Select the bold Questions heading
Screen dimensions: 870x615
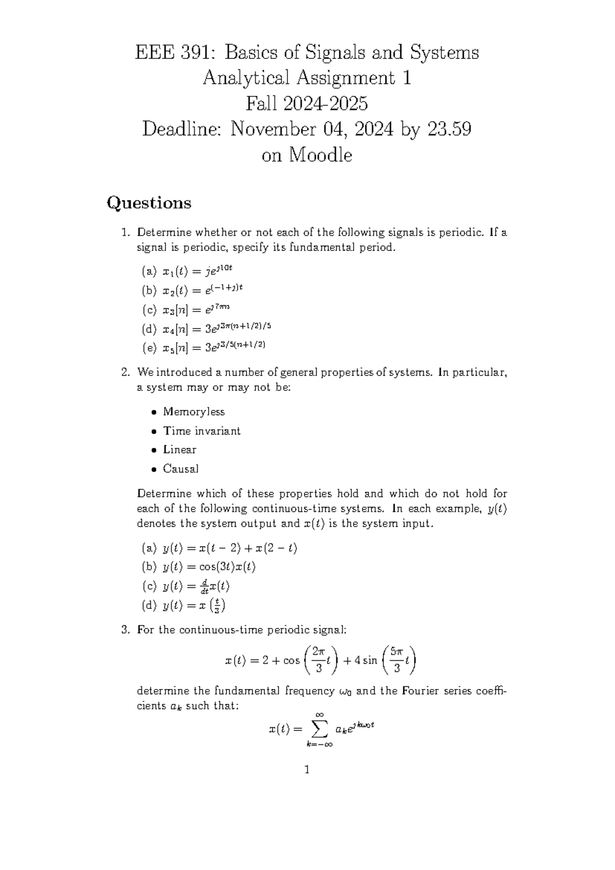point(149,203)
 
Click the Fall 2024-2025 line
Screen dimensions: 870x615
point(306,104)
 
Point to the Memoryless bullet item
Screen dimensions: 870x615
point(194,412)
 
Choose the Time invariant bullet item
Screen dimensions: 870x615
point(201,431)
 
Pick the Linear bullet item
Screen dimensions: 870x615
point(179,450)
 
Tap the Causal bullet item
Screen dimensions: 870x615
point(180,469)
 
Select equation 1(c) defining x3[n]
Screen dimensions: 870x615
point(196,310)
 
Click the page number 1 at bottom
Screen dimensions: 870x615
point(306,769)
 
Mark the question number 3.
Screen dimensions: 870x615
point(125,630)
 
